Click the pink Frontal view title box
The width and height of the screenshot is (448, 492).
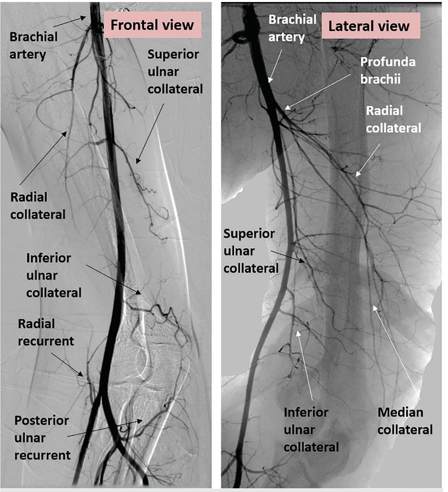point(152,25)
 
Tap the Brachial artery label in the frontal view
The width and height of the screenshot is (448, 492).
point(33,45)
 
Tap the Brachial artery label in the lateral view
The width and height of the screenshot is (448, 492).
point(292,28)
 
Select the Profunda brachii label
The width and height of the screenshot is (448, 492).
point(387,70)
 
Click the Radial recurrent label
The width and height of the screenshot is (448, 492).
point(46,332)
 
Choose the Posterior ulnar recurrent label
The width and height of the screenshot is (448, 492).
point(42,438)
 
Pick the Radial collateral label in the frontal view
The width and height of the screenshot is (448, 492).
point(38,206)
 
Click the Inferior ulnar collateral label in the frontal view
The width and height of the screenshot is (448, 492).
point(54,275)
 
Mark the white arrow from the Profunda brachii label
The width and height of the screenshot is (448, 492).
point(318,91)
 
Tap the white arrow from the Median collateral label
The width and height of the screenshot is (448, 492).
point(396,352)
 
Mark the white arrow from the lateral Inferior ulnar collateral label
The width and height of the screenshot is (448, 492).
point(305,365)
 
